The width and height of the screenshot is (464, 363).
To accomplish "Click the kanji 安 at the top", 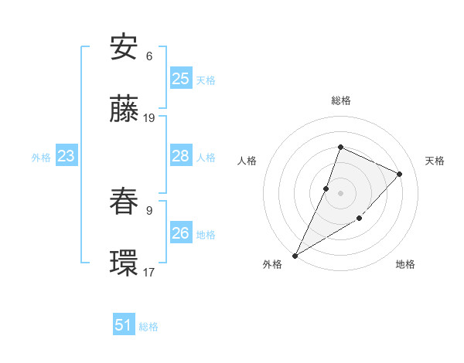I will (x=124, y=47).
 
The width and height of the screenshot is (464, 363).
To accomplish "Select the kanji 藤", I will (x=124, y=109).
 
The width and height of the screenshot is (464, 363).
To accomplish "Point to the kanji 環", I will (x=124, y=263).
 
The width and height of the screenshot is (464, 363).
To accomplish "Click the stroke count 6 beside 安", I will (x=149, y=56).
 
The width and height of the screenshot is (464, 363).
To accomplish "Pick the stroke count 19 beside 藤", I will (x=149, y=118).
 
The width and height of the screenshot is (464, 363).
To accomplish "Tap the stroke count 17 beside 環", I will (x=149, y=272).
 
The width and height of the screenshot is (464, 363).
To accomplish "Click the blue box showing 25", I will (x=181, y=79).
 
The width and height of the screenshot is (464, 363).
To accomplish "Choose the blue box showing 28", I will (x=181, y=156).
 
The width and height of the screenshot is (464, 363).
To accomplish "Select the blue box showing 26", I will (x=181, y=233).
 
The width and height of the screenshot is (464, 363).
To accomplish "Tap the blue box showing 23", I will (x=66, y=157).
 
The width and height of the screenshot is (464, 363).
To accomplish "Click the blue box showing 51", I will (x=124, y=325).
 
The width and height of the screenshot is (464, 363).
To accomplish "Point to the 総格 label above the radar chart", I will (x=340, y=100).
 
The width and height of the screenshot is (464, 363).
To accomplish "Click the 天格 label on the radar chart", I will (x=435, y=161).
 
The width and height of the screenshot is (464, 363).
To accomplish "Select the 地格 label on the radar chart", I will (x=405, y=264).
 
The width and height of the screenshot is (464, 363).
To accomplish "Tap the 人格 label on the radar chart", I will (x=247, y=161).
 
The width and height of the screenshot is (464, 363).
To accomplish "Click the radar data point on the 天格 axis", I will (x=400, y=174).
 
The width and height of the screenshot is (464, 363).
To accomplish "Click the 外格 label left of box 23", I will (x=41, y=157).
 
